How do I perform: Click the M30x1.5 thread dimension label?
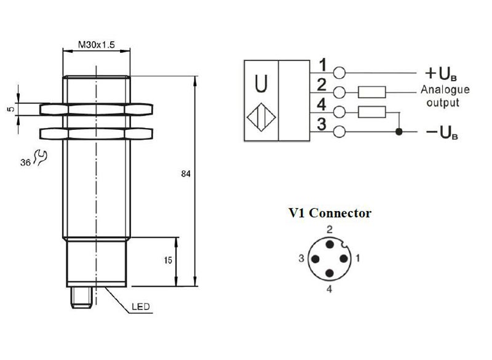97,44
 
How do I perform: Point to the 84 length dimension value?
186,174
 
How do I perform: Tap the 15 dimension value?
168,260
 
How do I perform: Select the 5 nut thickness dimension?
11,109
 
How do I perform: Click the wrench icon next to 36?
41,157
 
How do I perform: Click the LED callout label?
141,306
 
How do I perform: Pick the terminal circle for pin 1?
339,73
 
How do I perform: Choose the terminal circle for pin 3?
339,131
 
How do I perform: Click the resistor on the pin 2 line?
372,92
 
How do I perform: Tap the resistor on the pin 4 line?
372,112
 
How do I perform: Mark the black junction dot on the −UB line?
399,132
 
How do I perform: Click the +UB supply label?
441,74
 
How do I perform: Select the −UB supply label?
442,132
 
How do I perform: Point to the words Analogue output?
445,96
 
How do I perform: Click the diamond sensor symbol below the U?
261,118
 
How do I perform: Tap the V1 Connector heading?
330,213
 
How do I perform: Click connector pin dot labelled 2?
330,244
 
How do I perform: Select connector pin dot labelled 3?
315,259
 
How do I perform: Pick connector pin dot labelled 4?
330,273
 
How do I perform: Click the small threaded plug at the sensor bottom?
81,297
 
